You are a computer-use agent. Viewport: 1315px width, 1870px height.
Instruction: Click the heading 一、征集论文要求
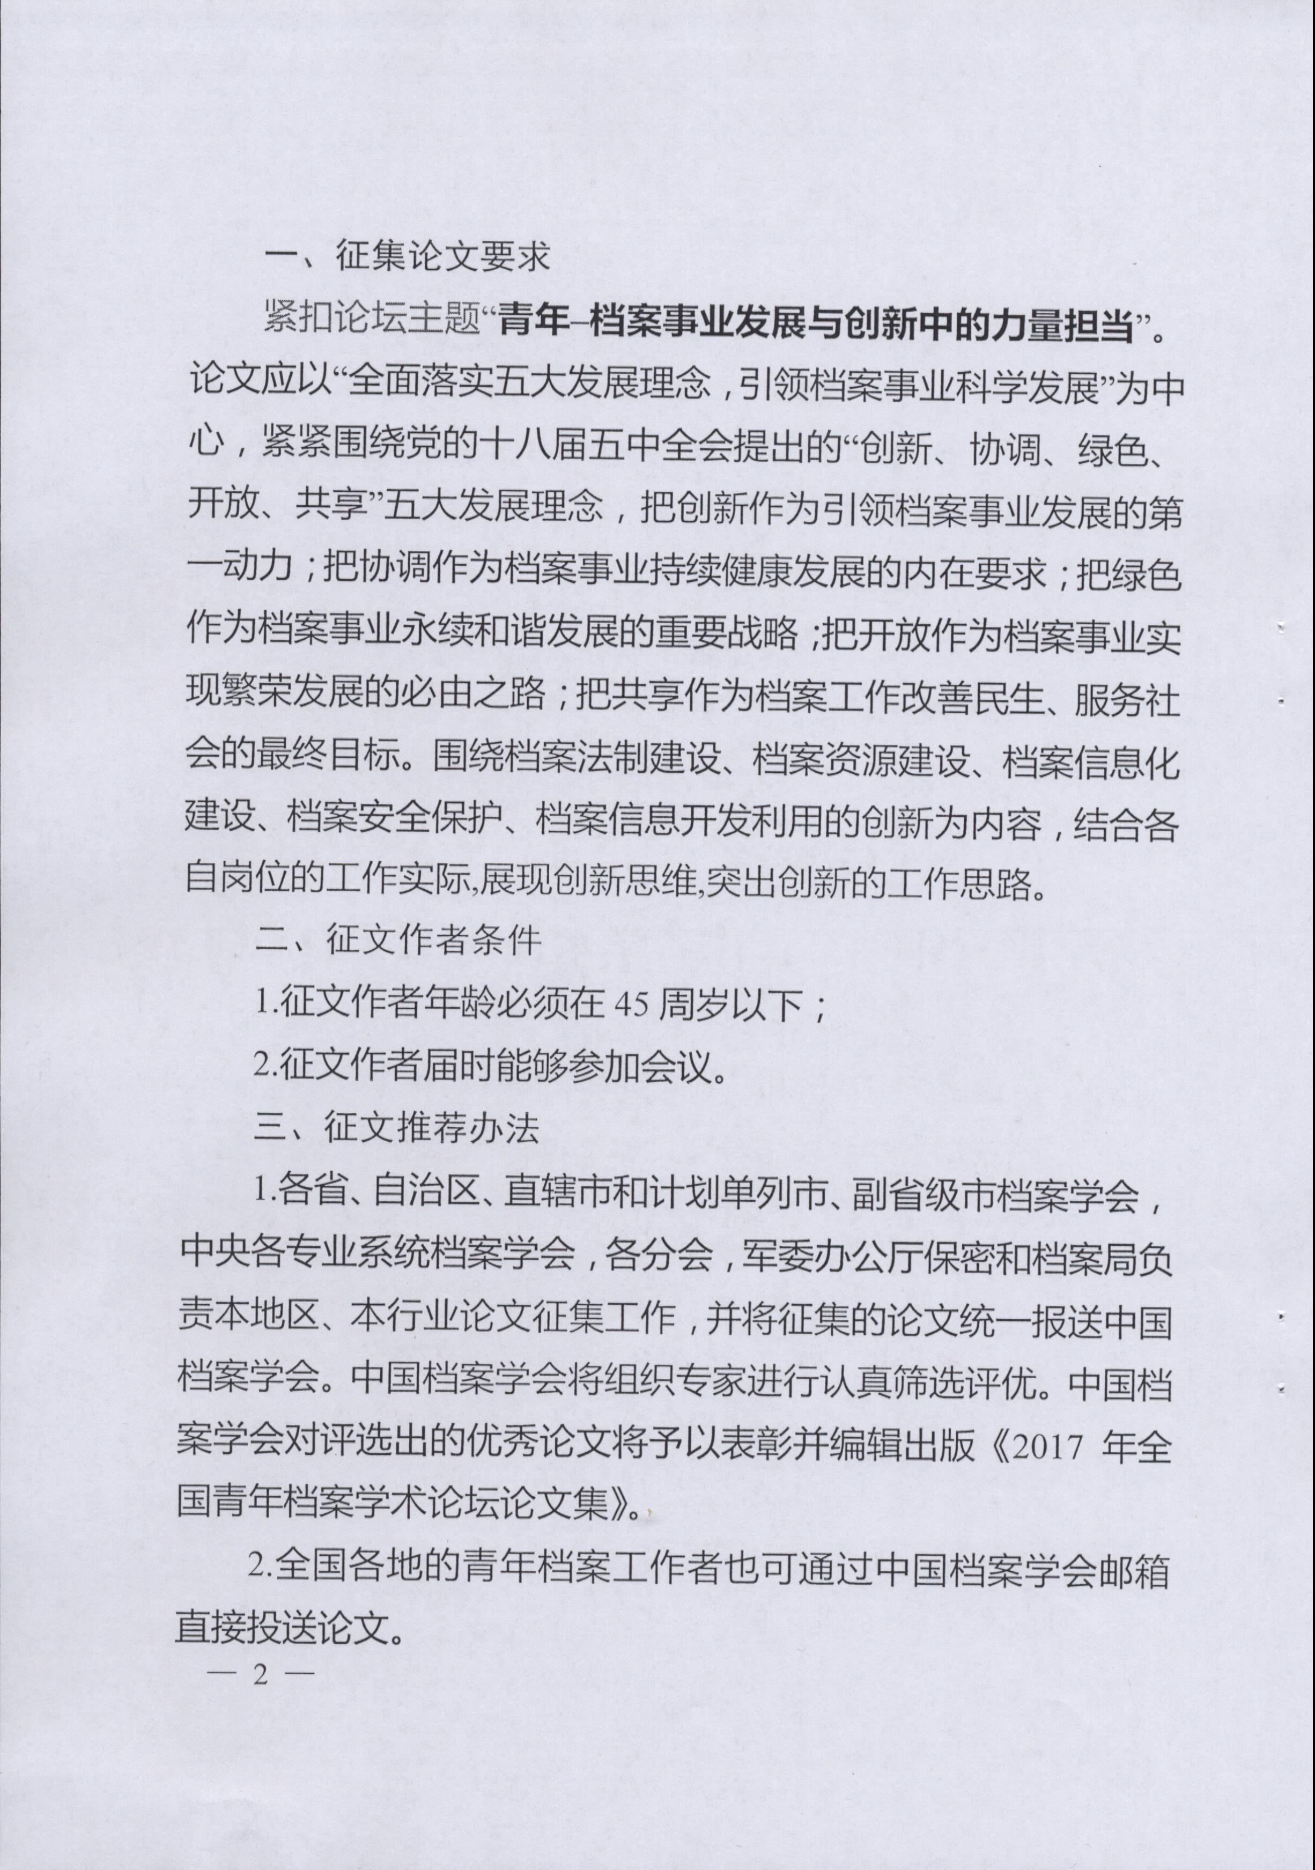(407, 257)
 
